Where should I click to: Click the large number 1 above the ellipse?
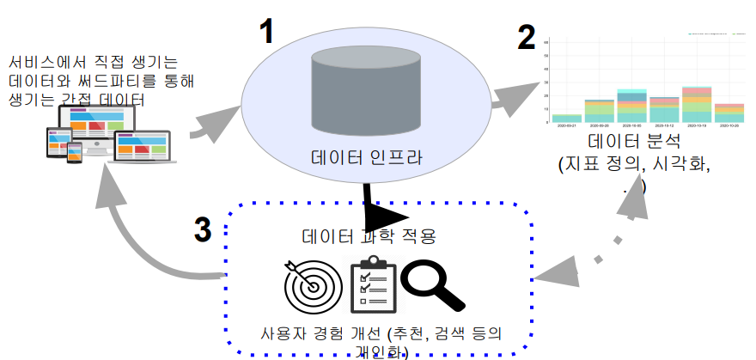(268, 33)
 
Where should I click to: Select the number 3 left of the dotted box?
(202, 229)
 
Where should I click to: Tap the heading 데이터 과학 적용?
(369, 235)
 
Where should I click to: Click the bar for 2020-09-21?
(567, 118)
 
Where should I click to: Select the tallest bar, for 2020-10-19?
(697, 104)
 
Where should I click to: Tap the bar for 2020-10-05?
(631, 106)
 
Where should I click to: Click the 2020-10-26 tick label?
(729, 127)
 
